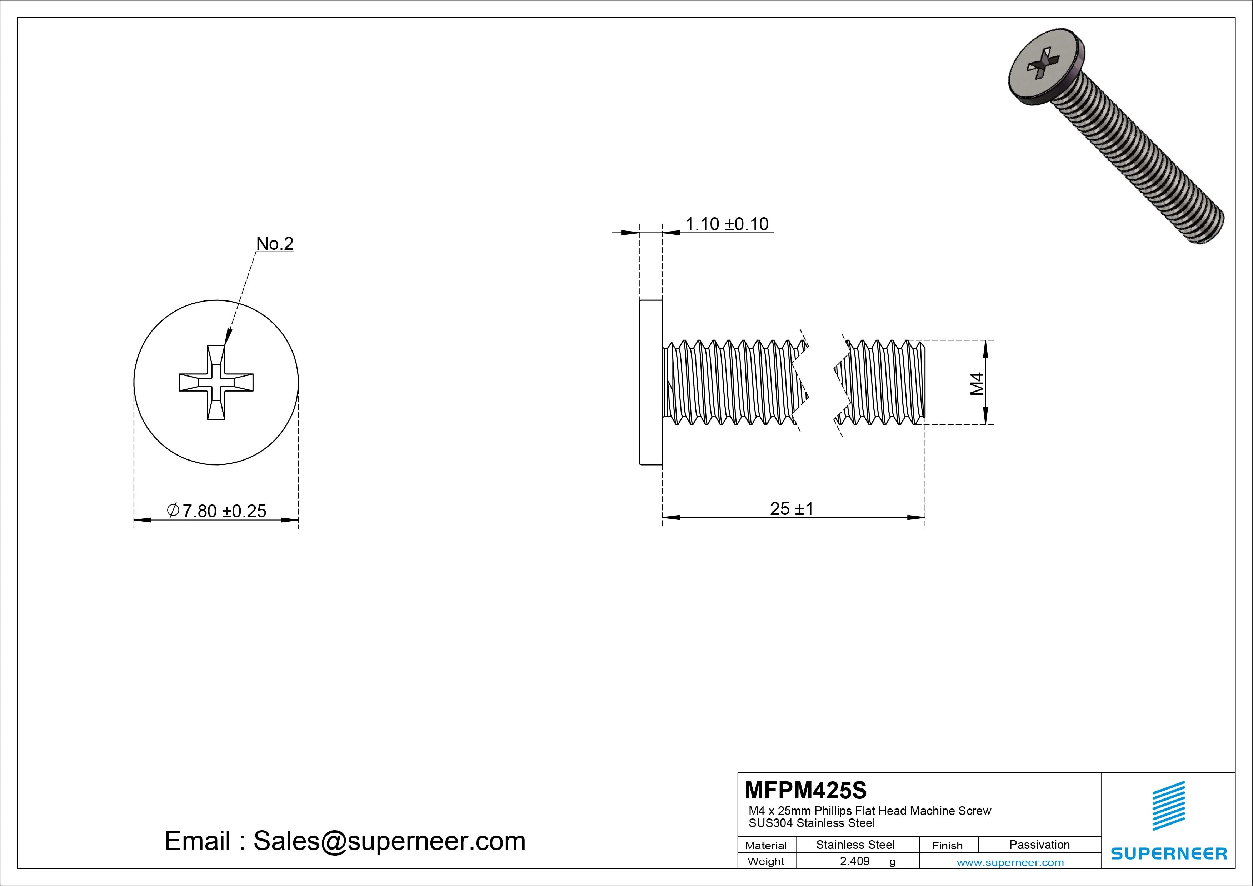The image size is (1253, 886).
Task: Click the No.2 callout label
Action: tap(275, 244)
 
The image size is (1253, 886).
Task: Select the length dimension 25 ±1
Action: tap(791, 509)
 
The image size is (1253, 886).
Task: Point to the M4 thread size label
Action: tap(977, 383)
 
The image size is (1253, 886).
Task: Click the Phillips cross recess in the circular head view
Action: tap(216, 382)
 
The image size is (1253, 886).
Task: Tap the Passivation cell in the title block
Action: tap(1039, 845)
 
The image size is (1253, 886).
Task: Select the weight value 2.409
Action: tap(855, 861)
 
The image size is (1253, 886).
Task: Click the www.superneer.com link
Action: tap(1010, 862)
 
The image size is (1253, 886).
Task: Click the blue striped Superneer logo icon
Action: tap(1168, 806)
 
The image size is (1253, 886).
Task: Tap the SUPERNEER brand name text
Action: tap(1168, 853)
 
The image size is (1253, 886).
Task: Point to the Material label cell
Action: tap(766, 846)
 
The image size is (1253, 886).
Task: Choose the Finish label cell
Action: tap(947, 846)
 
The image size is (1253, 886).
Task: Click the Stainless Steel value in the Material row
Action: tap(855, 845)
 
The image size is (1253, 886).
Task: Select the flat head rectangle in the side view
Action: tap(650, 382)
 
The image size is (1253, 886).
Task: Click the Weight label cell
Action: tap(766, 861)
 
